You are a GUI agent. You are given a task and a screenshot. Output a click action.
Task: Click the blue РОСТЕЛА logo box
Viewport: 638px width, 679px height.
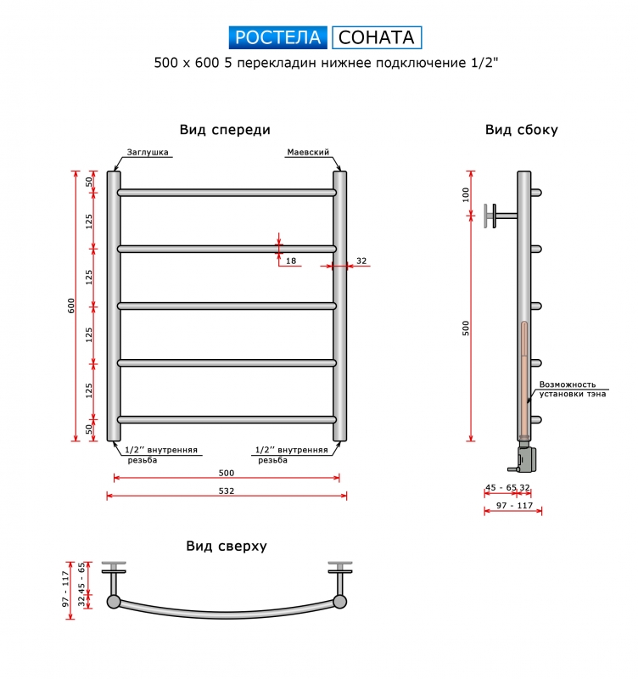click(278, 37)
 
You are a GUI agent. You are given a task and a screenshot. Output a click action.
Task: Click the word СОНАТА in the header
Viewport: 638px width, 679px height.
click(377, 37)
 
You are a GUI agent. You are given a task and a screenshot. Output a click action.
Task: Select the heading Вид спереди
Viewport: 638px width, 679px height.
click(225, 130)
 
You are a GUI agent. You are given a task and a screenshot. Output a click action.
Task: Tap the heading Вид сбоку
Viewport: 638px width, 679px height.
click(522, 130)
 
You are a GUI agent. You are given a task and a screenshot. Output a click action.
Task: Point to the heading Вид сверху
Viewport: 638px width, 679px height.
click(227, 546)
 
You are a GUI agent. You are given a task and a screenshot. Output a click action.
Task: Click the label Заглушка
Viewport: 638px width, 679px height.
click(148, 152)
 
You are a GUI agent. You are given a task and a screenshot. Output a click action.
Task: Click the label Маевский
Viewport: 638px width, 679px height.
click(308, 152)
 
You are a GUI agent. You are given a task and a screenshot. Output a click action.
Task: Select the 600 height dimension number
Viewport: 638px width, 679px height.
click(71, 306)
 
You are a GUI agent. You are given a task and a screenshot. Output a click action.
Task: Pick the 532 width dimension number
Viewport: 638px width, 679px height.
click(227, 491)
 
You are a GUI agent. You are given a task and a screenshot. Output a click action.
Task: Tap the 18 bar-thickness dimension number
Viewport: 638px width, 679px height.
click(291, 261)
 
